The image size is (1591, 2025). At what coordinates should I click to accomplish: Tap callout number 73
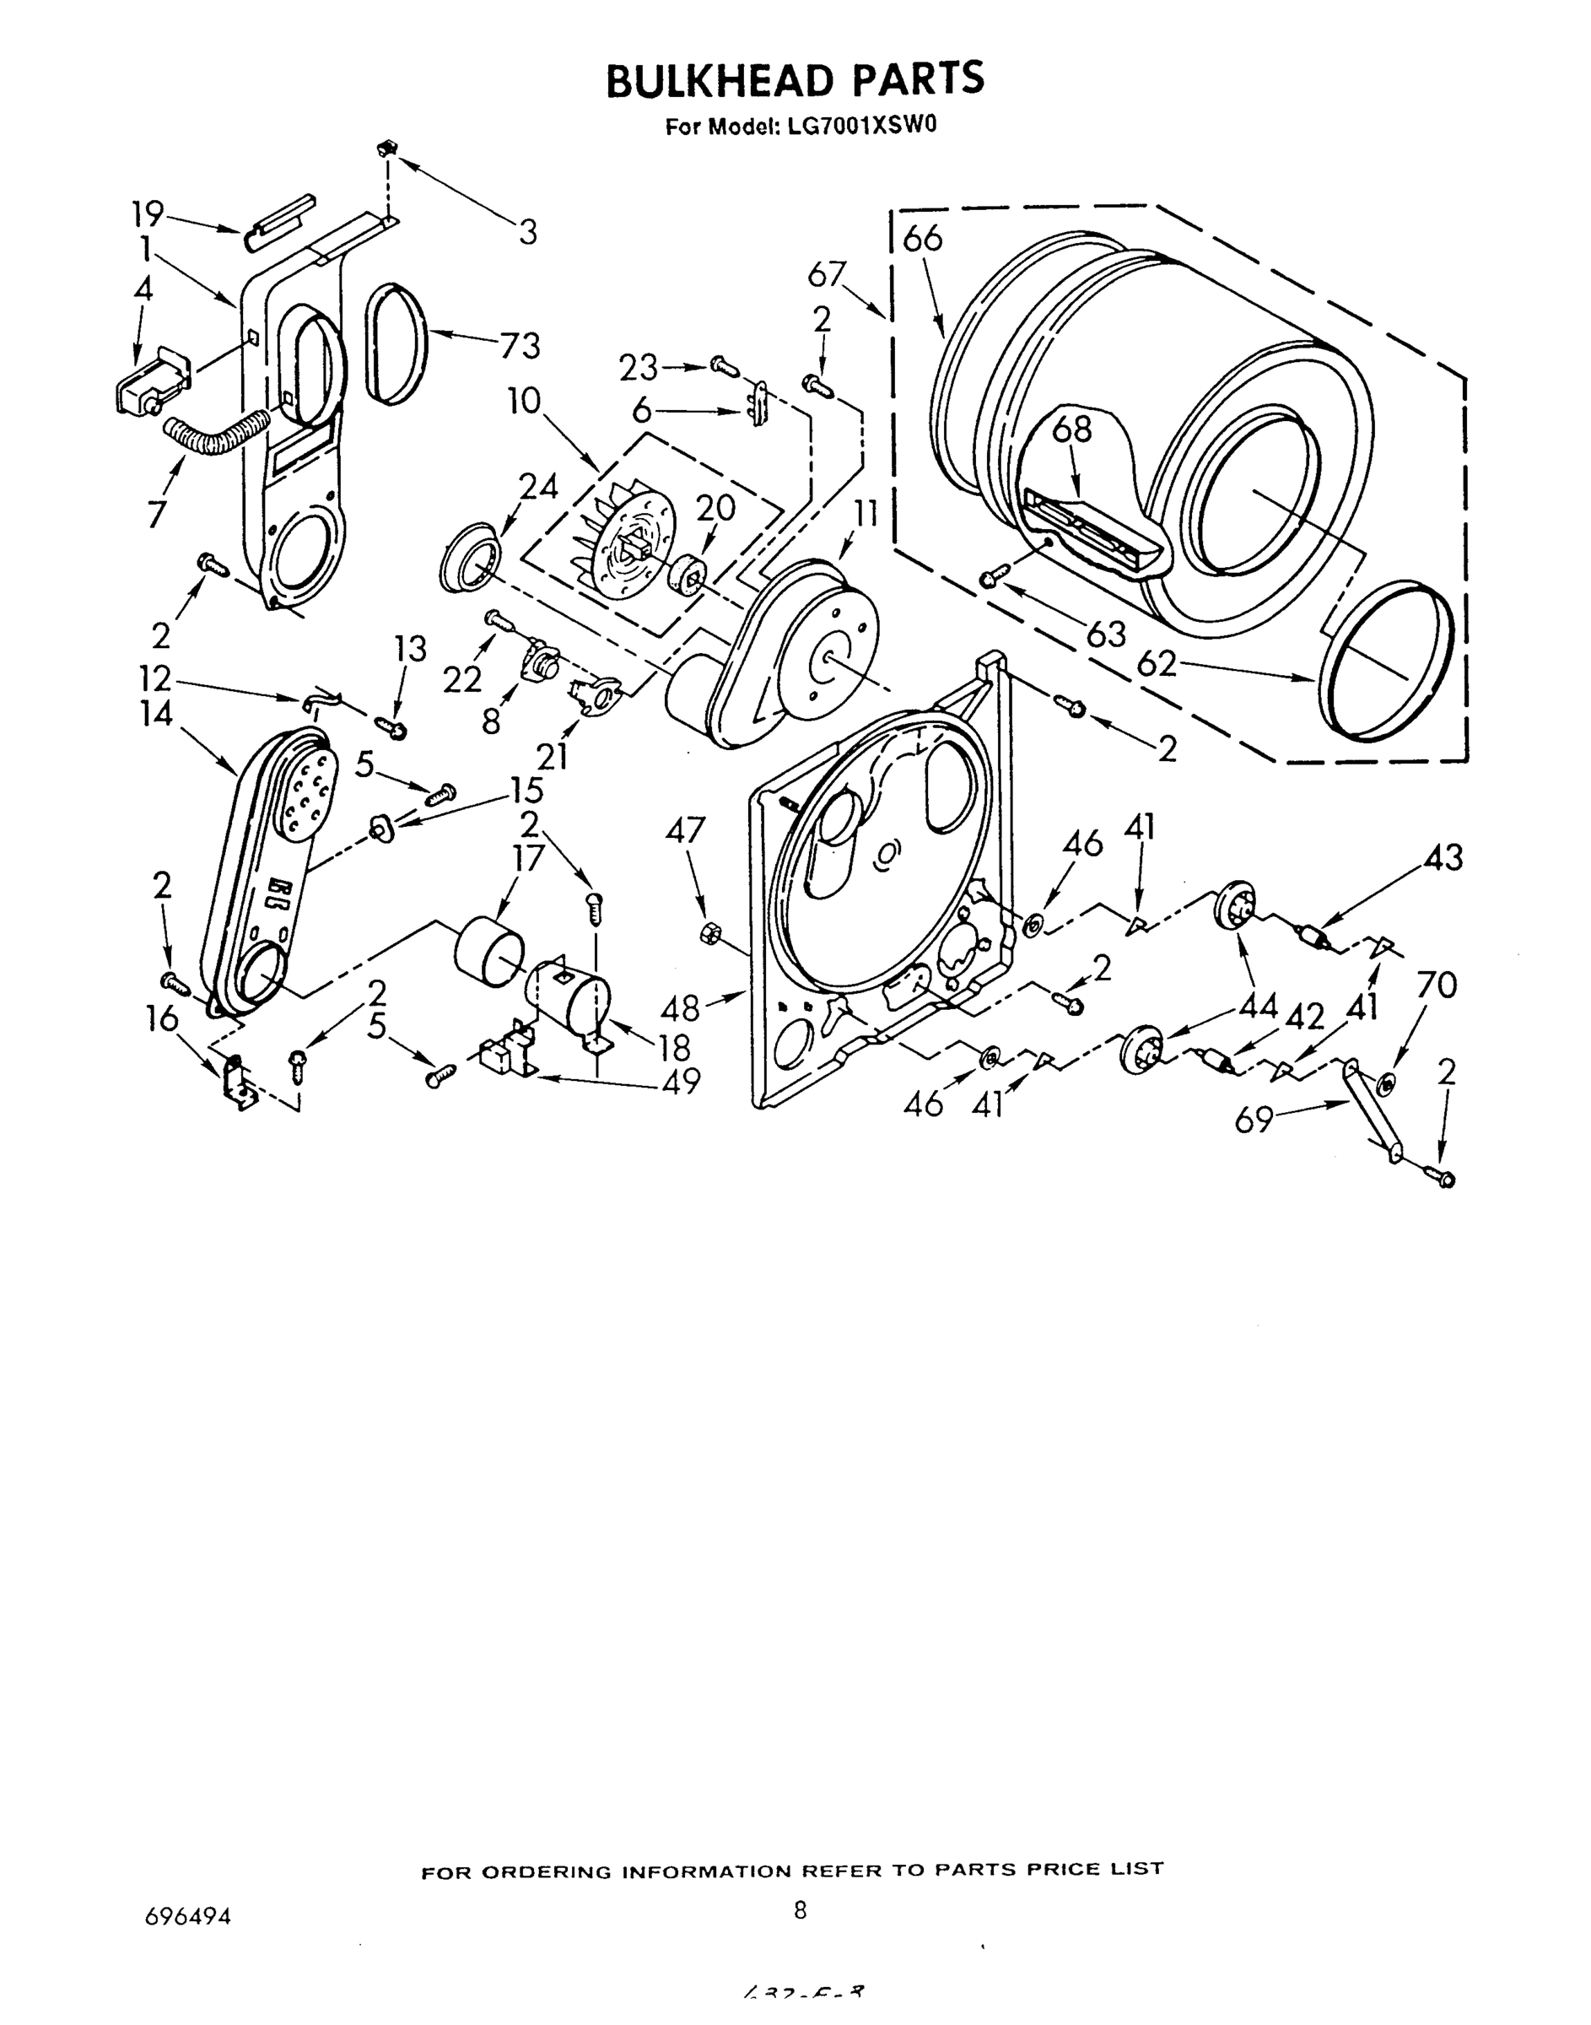(520, 346)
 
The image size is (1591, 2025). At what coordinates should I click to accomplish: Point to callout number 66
(922, 239)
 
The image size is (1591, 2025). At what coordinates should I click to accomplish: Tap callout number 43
(1443, 857)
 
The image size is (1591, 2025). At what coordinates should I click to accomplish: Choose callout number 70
(1436, 985)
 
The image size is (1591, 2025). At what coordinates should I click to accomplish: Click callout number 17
(528, 857)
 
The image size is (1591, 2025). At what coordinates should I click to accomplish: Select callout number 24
(538, 486)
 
